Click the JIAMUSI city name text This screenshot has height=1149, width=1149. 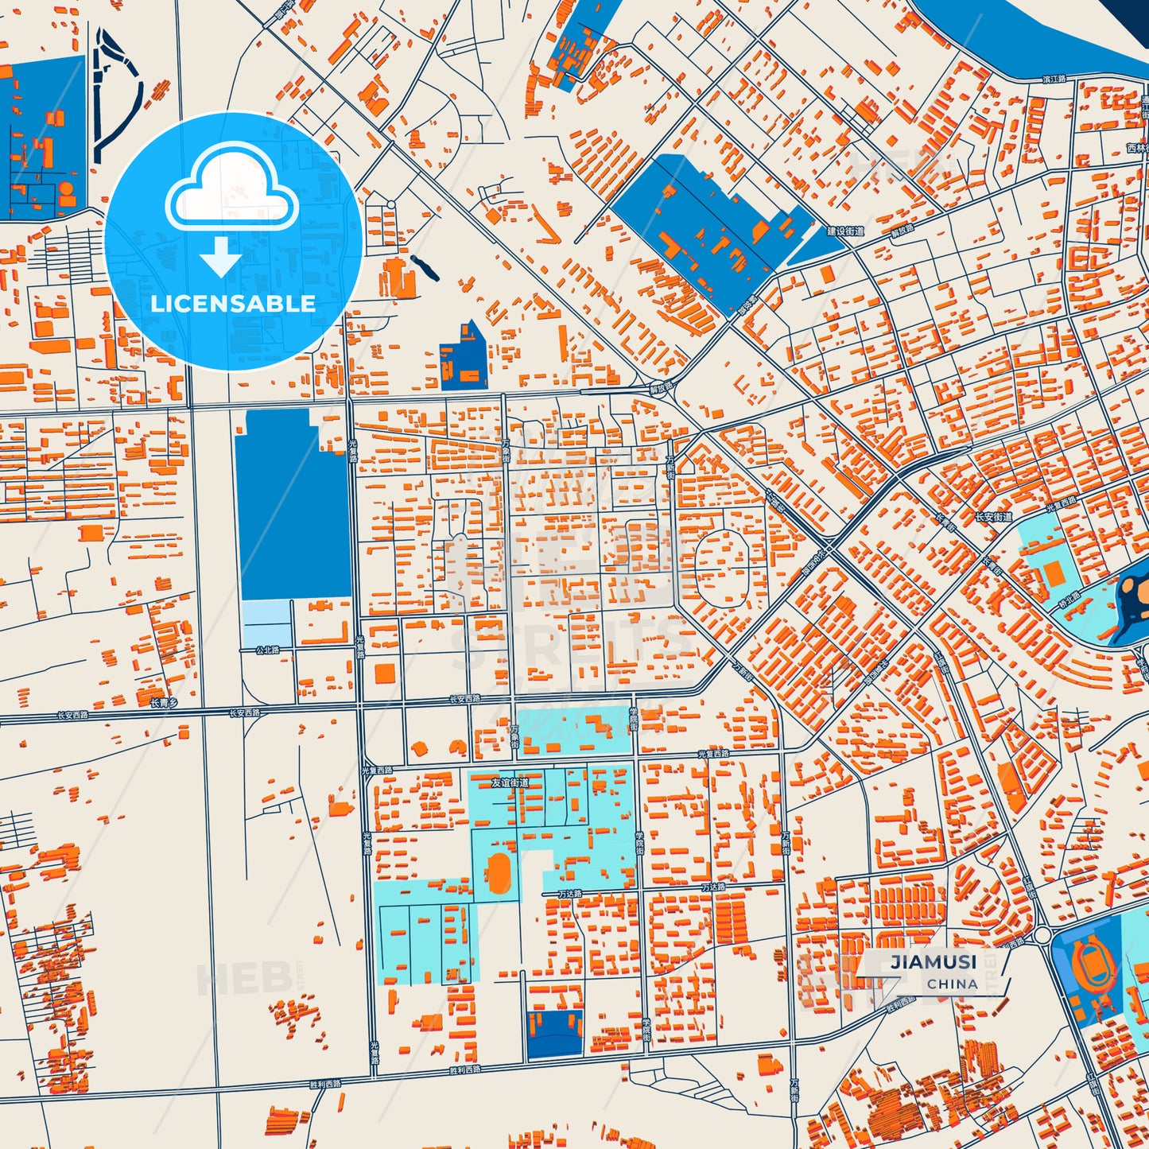(933, 961)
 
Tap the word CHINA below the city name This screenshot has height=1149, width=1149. (952, 984)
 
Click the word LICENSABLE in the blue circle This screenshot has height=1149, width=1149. (233, 304)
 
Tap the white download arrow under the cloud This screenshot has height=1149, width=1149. (220, 257)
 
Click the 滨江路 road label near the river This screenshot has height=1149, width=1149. (1054, 79)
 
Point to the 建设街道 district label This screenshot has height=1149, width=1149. (845, 231)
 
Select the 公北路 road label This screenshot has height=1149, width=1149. (267, 650)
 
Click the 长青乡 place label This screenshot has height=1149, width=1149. (164, 703)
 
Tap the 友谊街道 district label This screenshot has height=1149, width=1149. (509, 782)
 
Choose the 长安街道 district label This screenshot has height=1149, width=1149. (994, 517)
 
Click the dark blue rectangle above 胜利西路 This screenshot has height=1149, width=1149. (554, 1034)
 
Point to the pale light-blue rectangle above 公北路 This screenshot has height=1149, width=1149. (266, 623)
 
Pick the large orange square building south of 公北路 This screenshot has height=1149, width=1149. (384, 673)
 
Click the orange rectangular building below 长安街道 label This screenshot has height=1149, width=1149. (1054, 574)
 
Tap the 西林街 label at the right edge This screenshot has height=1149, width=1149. (1137, 148)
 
